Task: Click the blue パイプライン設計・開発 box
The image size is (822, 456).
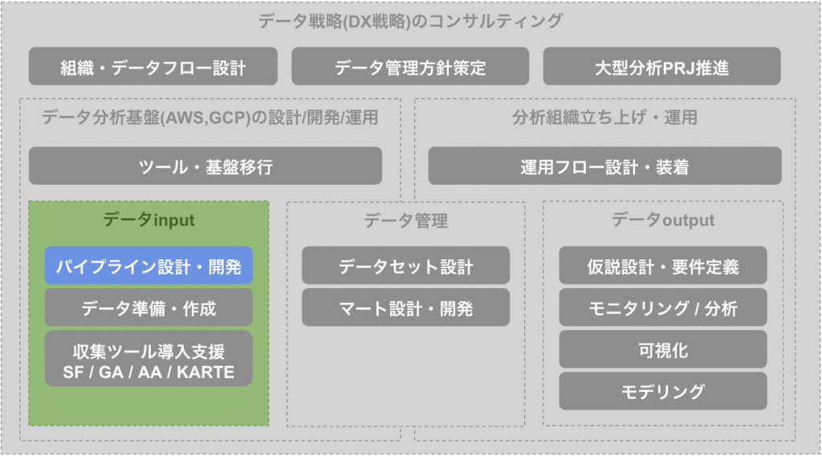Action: point(149,266)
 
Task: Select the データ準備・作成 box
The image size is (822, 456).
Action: point(149,307)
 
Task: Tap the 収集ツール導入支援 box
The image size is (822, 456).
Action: point(149,359)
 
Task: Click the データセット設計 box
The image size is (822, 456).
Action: point(405,266)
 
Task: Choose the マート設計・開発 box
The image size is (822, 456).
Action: point(405,307)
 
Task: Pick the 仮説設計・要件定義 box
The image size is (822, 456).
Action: point(662,266)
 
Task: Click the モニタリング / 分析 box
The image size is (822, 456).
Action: point(662,307)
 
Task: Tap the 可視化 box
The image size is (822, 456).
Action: point(662,349)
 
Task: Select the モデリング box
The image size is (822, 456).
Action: point(662,392)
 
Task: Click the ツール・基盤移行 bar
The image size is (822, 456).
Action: point(205,166)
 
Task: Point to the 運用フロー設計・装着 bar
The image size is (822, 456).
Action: point(605,166)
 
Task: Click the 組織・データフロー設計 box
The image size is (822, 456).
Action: point(153,67)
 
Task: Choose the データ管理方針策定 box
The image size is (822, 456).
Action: point(410,67)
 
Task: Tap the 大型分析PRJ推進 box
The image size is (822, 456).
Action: point(662,67)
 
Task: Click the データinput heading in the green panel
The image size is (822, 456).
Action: point(149,220)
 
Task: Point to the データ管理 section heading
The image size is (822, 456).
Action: point(405,221)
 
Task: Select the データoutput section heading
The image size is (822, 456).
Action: point(662,220)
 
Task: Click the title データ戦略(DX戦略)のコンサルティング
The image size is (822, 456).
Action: point(410,21)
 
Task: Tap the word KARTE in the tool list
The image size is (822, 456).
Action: point(205,373)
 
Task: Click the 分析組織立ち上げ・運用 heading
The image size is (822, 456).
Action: point(605,117)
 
